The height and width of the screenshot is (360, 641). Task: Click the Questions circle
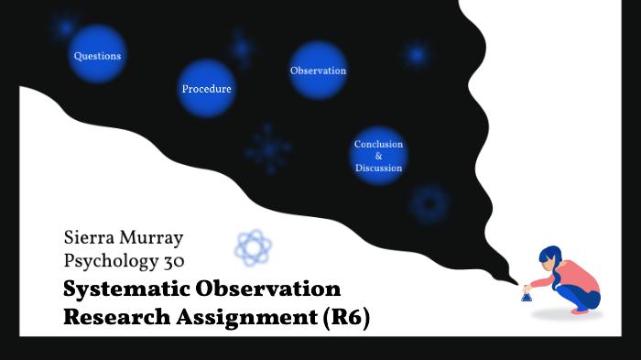pyautogui.click(x=97, y=56)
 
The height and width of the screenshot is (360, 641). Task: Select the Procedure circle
pyautogui.click(x=206, y=89)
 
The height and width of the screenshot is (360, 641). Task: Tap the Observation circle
pyautogui.click(x=318, y=71)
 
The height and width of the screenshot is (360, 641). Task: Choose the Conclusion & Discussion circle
pyautogui.click(x=378, y=156)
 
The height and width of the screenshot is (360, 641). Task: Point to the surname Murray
pyautogui.click(x=153, y=238)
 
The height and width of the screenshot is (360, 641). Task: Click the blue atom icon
pyautogui.click(x=253, y=247)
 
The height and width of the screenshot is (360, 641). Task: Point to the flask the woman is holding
pyautogui.click(x=527, y=294)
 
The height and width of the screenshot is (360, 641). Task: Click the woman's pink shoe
pyautogui.click(x=580, y=311)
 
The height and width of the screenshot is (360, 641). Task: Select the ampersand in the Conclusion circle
pyautogui.click(x=378, y=156)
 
